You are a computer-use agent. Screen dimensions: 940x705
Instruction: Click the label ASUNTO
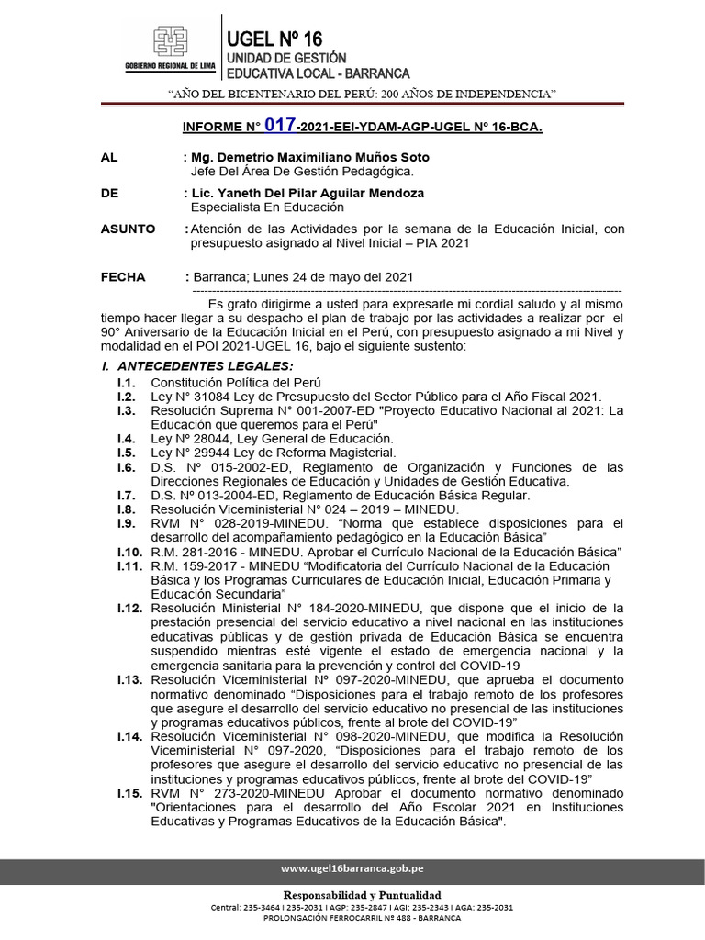click(x=128, y=229)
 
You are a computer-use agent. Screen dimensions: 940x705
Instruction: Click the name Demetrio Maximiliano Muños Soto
click(x=311, y=158)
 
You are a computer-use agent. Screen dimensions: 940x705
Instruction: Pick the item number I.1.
click(x=127, y=382)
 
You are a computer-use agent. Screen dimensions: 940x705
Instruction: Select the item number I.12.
click(x=129, y=608)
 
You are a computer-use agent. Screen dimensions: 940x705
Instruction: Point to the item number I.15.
click(x=129, y=792)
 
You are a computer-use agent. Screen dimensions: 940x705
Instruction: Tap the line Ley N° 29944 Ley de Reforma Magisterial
click(x=274, y=453)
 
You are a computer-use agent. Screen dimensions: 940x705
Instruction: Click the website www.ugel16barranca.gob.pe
click(x=352, y=868)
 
